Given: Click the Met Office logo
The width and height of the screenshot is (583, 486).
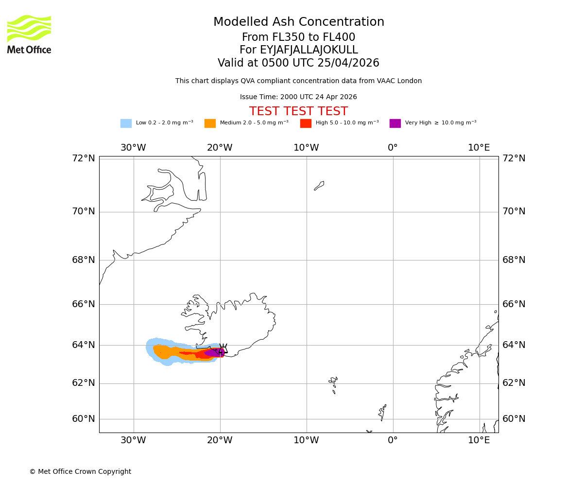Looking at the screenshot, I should pos(29,34).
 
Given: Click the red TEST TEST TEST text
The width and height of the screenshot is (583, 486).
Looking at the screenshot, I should pos(298,111).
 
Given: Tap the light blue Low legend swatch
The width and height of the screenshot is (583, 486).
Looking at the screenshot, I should pos(126,123).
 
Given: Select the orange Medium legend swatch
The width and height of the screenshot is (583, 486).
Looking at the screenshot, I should pos(210,123).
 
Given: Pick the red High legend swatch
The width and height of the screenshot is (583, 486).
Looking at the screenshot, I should pos(306,123).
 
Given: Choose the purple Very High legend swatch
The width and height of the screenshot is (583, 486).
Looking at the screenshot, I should pos(395,123).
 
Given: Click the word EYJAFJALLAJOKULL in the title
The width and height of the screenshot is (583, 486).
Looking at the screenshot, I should pos(298,50).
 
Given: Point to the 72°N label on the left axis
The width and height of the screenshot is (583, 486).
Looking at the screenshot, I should pos(84,158).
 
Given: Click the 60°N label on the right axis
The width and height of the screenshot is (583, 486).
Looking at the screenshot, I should pos(514,419).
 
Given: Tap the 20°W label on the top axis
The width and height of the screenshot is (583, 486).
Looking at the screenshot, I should pos(220,148).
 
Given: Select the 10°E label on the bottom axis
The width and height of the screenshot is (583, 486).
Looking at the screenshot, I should pos(479,440).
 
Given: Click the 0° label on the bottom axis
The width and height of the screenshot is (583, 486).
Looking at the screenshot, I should pos(393,440).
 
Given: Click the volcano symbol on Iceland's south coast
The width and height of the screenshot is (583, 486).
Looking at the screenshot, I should pos(223,348).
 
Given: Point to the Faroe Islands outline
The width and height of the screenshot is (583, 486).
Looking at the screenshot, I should pos(333,384).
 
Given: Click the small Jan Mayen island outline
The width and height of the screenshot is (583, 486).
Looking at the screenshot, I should pos(319,186).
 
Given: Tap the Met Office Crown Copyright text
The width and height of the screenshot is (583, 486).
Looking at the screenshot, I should pos(80,472).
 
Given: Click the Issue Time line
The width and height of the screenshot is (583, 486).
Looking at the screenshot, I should pos(298,97).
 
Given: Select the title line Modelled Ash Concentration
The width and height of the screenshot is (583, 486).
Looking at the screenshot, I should pos(298,22).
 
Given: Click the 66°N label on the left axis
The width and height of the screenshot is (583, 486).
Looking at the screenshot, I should pos(84,304).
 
